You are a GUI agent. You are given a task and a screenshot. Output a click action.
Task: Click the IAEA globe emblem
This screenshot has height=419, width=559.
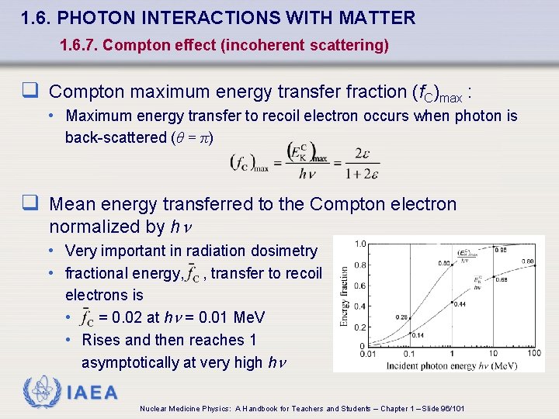click(40, 392)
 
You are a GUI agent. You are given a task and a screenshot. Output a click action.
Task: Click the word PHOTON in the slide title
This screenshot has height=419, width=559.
click(97, 17)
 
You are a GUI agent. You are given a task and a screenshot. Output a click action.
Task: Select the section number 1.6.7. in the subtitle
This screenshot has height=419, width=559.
click(78, 46)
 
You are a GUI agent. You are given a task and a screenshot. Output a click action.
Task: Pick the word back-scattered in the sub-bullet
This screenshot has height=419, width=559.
click(114, 137)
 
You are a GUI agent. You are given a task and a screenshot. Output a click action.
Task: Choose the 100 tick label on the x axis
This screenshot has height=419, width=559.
click(534, 355)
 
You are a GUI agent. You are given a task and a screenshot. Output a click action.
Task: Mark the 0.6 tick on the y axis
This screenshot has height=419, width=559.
click(359, 285)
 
